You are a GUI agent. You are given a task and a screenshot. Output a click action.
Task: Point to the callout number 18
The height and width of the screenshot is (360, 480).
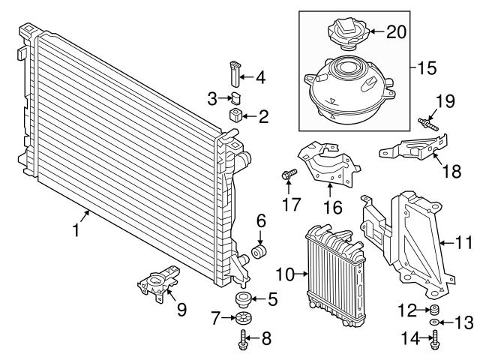coord(451,171)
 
